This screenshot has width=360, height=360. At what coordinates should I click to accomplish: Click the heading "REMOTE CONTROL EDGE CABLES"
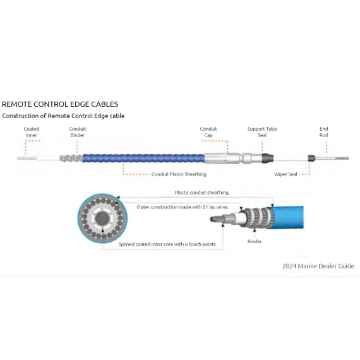[x=60, y=104]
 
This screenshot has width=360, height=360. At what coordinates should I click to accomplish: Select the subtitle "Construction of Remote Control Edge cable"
[x=63, y=116]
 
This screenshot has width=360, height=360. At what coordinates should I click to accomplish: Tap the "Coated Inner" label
[x=32, y=132]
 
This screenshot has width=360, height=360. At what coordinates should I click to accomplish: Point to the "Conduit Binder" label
[x=78, y=132]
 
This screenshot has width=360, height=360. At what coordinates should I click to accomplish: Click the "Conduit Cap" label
[x=208, y=132]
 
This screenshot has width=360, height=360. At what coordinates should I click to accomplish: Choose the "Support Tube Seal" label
[x=262, y=132]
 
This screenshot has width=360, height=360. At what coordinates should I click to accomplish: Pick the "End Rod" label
[x=324, y=132]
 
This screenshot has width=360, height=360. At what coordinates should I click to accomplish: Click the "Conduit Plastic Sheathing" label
[x=179, y=174]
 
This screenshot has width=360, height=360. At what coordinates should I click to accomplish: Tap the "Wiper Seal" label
[x=286, y=174]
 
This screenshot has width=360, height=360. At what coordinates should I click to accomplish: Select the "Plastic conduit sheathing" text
[x=201, y=193]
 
